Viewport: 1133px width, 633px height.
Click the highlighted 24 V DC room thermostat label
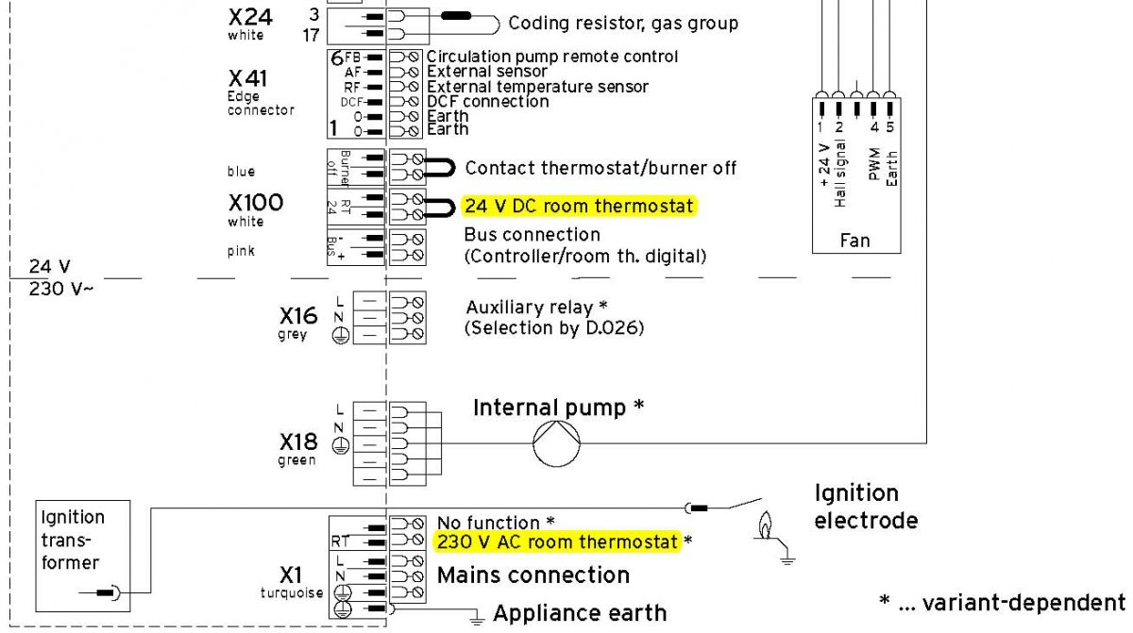579,207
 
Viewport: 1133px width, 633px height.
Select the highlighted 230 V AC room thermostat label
557,542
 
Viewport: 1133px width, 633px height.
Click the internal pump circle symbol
557,440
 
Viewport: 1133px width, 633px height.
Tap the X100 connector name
256,203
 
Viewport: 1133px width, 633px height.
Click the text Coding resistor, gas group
623,23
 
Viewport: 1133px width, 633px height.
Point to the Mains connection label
533,575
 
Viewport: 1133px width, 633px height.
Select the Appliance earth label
579,613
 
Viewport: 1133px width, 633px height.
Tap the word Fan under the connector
854,241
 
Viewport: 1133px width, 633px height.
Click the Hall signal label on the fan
840,175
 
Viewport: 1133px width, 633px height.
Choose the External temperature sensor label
537,87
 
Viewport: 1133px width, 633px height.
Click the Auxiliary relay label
529,308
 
